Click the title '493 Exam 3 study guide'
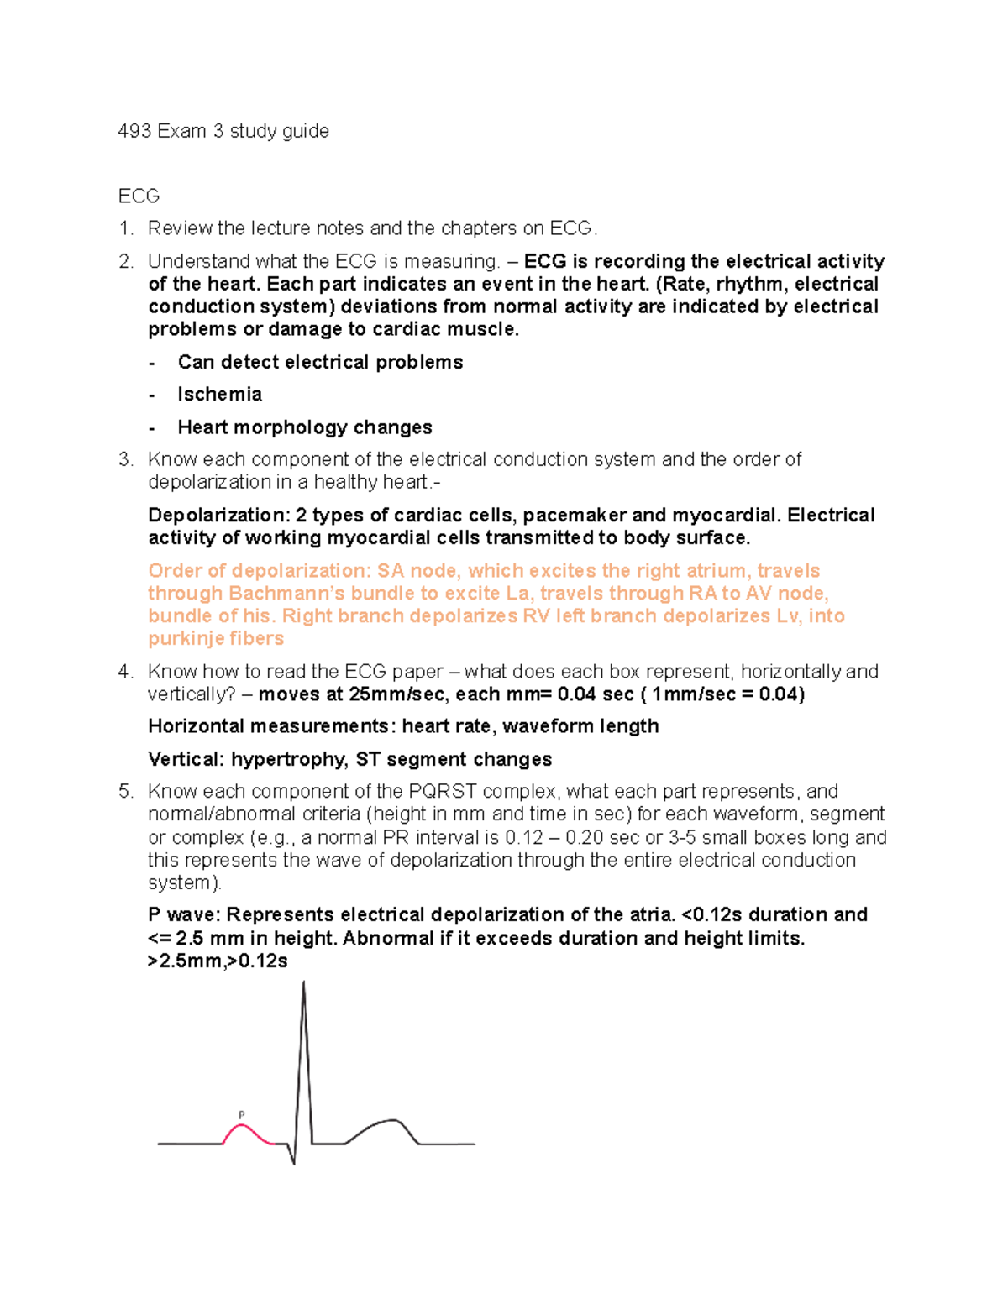pos(223,131)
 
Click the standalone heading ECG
pos(139,196)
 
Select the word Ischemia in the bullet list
pos(219,395)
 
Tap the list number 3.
pos(125,460)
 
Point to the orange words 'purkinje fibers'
pos(216,639)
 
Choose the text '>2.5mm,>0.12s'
pos(218,961)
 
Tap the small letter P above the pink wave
pos(242,1115)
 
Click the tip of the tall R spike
pos(303,984)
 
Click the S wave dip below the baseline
pos(293,1160)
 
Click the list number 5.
pos(125,792)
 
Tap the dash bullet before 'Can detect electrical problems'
pos(152,363)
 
